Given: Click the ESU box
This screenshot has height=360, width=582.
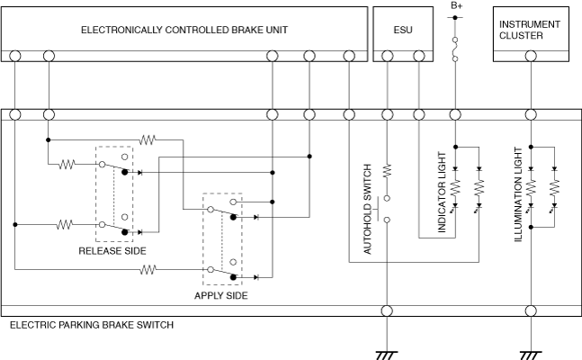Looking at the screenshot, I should click(402, 30).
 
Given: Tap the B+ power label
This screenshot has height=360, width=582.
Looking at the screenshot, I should click(456, 6).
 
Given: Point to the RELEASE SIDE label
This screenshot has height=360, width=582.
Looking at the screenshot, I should click(112, 251).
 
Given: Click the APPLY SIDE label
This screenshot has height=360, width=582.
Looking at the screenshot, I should click(221, 294).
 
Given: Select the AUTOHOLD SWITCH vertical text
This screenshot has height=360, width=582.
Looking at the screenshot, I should click(368, 210).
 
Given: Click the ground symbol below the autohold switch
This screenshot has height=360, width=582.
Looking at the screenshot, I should click(388, 353).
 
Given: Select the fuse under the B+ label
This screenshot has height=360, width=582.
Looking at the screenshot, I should click(456, 49).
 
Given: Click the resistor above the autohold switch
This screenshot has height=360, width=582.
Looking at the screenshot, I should click(388, 168).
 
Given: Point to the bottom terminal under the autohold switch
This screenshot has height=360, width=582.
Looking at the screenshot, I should click(388, 310).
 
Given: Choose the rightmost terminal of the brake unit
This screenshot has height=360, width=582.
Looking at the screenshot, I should click(349, 57).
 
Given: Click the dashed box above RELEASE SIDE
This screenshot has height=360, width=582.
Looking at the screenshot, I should click(114, 194).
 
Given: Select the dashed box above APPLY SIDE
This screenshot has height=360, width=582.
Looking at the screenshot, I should click(222, 239).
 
